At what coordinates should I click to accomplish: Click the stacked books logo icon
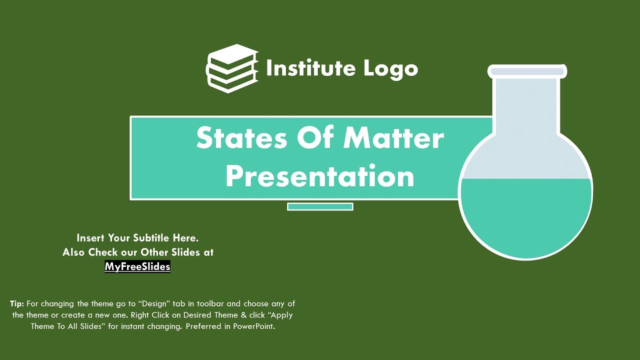(x=232, y=69)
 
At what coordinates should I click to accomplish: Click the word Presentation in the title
(x=320, y=175)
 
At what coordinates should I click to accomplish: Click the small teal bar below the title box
(x=320, y=206)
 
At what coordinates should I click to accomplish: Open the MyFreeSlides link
(x=137, y=266)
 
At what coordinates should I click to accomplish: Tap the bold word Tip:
(x=17, y=303)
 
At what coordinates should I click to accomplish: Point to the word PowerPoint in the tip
(x=254, y=327)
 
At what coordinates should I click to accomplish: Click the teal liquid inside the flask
(x=526, y=215)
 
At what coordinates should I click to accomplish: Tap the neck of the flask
(x=526, y=105)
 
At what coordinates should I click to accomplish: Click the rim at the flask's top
(x=527, y=71)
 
